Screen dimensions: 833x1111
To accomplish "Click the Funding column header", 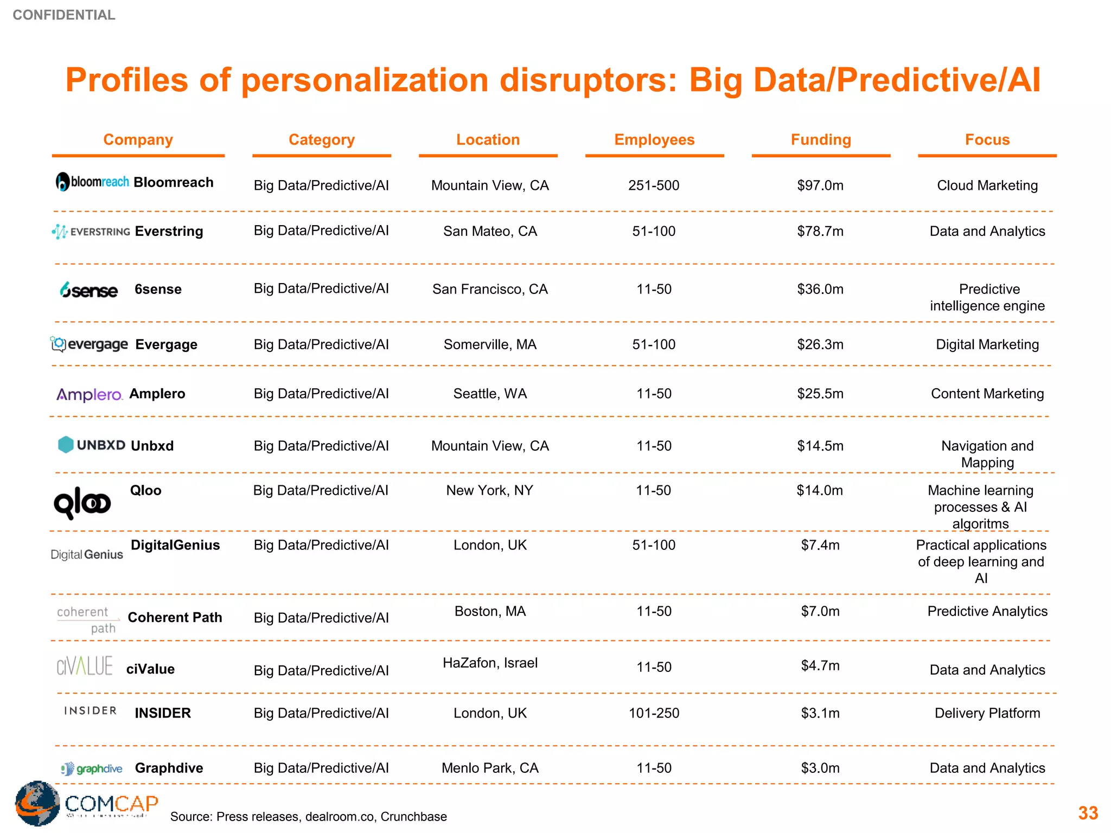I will point(820,140).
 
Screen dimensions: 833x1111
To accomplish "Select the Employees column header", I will point(654,140).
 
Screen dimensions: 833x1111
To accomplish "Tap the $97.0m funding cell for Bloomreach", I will point(820,185).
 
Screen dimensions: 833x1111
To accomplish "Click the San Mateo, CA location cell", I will point(490,232).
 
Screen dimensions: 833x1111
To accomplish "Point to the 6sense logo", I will point(88,290).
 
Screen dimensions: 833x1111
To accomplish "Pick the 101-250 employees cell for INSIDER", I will point(654,713).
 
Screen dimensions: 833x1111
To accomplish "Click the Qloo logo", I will point(82,503).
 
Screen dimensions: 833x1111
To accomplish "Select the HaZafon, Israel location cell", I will point(490,663).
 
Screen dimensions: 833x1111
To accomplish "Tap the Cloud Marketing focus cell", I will point(987,185).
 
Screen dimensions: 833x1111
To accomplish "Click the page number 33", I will point(1088,813).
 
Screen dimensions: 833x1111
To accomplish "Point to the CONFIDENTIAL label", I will point(64,15).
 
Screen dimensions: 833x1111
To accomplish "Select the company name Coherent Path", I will point(175,618).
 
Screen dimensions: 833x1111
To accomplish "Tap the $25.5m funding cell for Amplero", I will point(820,394).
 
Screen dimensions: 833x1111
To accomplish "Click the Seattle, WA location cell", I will point(490,394).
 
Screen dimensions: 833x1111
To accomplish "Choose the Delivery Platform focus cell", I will point(987,713).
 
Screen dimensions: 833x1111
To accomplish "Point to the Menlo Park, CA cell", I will point(490,768).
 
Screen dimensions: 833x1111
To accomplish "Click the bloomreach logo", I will point(92,182).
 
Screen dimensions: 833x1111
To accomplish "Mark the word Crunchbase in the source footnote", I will point(413,817).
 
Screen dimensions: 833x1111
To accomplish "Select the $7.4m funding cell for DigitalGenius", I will point(820,545).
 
